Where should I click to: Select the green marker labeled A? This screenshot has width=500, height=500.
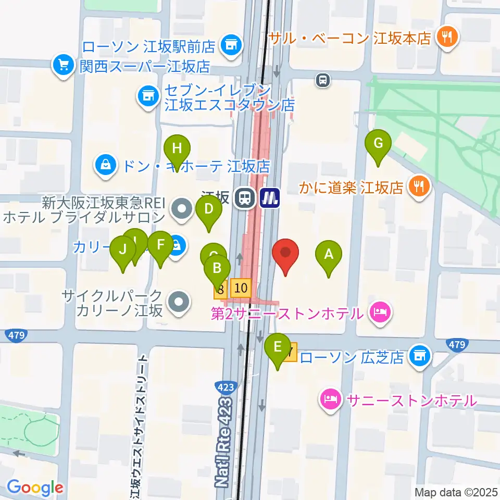[329, 255]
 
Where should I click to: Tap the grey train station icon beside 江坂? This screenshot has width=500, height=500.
[243, 197]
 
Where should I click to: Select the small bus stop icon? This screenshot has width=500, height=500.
[323, 80]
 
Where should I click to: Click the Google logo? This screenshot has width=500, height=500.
[34, 488]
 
